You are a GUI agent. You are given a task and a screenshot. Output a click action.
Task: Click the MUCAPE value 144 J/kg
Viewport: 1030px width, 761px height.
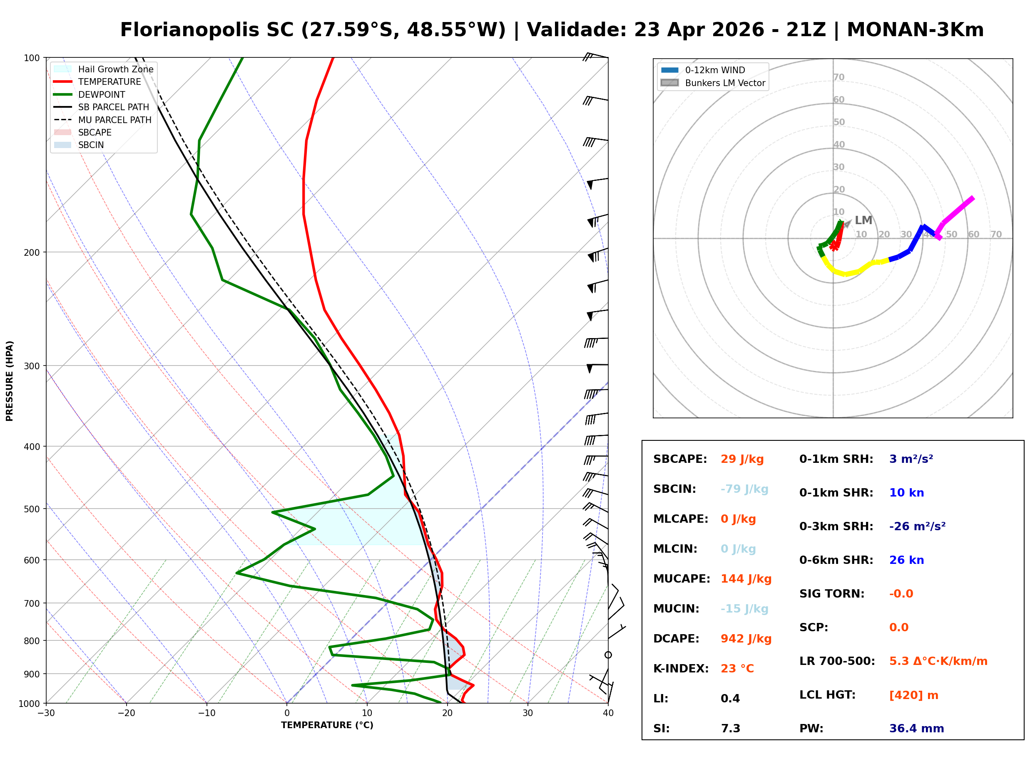pyautogui.click(x=746, y=578)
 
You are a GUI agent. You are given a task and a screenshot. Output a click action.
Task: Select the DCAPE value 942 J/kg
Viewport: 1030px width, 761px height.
pyautogui.click(x=746, y=638)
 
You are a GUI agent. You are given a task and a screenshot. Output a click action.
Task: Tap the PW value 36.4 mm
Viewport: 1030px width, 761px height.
pyautogui.click(x=916, y=728)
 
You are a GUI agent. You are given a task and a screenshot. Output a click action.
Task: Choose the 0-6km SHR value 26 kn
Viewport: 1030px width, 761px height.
pyautogui.click(x=906, y=560)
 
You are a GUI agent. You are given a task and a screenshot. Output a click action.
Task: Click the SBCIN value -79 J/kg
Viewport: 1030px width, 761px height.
pyautogui.click(x=744, y=489)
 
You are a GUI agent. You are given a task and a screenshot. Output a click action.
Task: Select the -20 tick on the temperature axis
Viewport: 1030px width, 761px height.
pyautogui.click(x=126, y=713)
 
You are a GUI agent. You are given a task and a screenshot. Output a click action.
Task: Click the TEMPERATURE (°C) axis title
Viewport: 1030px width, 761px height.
pyautogui.click(x=327, y=725)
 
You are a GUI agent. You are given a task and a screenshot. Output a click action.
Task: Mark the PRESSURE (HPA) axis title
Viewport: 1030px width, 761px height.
pyautogui.click(x=9, y=380)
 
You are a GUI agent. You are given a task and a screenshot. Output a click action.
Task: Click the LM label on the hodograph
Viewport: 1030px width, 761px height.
pyautogui.click(x=863, y=220)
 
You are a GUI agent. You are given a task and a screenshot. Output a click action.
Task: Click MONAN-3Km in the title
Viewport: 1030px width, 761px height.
pyautogui.click(x=915, y=30)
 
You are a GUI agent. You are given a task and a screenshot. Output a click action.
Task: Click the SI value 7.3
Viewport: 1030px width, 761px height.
pyautogui.click(x=730, y=728)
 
